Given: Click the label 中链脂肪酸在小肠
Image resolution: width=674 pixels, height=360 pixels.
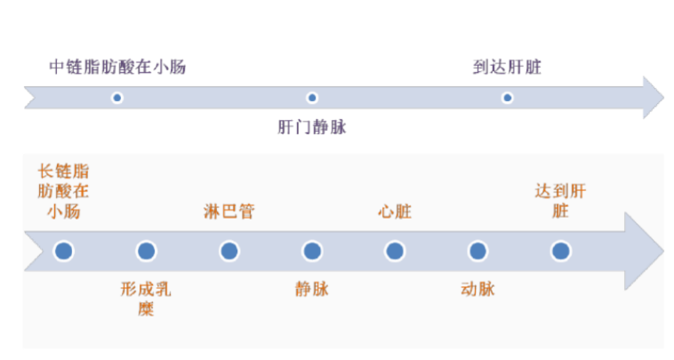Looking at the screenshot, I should click(x=117, y=68).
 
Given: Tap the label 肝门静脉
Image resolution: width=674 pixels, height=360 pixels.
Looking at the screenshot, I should click(x=312, y=127).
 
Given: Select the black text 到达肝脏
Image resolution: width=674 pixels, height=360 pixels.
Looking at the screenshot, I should click(x=507, y=68).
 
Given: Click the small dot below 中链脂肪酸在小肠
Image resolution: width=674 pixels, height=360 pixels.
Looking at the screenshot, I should click(x=116, y=98).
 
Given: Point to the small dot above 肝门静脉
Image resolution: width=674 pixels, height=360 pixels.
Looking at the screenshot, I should click(x=312, y=98).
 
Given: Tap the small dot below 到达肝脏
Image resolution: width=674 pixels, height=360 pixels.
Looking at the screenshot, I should click(x=507, y=98).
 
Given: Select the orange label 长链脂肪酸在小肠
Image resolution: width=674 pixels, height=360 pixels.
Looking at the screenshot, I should click(x=63, y=191).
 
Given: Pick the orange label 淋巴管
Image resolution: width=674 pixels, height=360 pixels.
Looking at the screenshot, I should click(x=229, y=212).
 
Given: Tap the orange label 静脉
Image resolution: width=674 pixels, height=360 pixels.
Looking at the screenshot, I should click(x=312, y=289).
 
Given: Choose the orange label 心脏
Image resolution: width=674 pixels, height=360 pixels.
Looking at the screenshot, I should click(x=395, y=212).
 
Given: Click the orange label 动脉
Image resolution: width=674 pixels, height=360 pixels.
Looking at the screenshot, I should click(x=477, y=289).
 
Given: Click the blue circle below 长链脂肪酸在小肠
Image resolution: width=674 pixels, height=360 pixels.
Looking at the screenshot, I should click(x=63, y=252).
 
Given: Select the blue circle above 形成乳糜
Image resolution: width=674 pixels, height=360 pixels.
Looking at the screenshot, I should click(x=146, y=252).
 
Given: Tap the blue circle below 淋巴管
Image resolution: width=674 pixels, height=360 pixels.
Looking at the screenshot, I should click(x=229, y=252).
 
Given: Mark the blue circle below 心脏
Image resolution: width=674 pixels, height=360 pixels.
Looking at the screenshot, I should click(x=395, y=252).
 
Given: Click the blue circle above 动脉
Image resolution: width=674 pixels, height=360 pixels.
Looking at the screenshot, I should click(x=477, y=252).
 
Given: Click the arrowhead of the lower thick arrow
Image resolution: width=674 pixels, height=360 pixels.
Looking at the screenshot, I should click(x=644, y=252).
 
